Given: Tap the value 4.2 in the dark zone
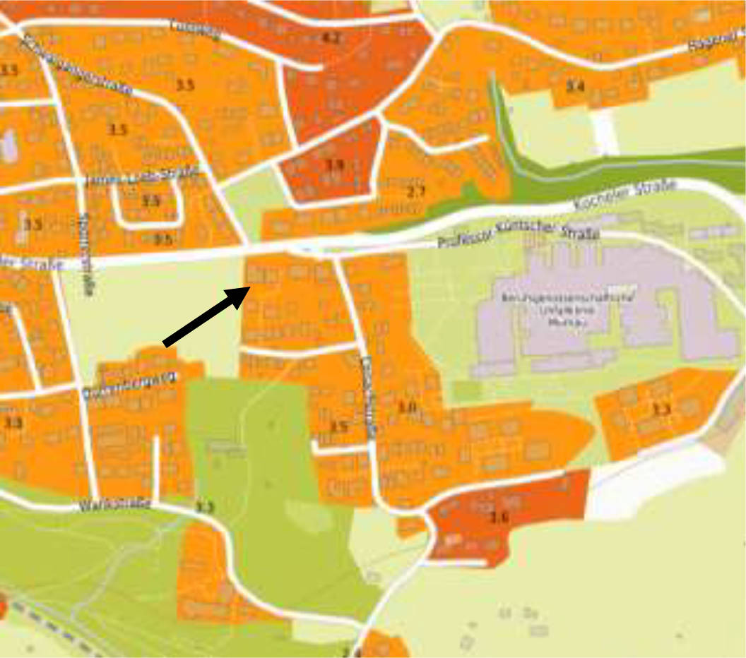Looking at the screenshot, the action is coord(331,38).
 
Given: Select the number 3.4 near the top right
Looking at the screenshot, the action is coord(575,87).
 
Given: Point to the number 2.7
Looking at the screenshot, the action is coord(417,191).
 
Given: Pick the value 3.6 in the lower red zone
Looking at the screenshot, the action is coord(499,516).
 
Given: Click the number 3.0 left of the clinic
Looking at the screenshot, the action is coord(407,407).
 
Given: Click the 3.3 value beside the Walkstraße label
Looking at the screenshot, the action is coord(204,507).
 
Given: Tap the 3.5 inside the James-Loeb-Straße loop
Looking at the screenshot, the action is coord(150,201).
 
